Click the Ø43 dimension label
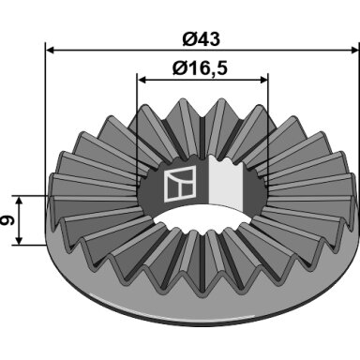point(201,39)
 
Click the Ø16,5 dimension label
point(200,67)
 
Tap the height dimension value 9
point(7,221)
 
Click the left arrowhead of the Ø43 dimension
point(50,50)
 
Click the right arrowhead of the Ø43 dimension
point(354,50)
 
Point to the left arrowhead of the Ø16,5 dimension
point(142,80)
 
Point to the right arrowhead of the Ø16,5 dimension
point(263,80)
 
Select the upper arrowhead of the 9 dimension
point(19,201)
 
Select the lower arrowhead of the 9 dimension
point(19,240)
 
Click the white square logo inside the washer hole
point(180,184)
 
